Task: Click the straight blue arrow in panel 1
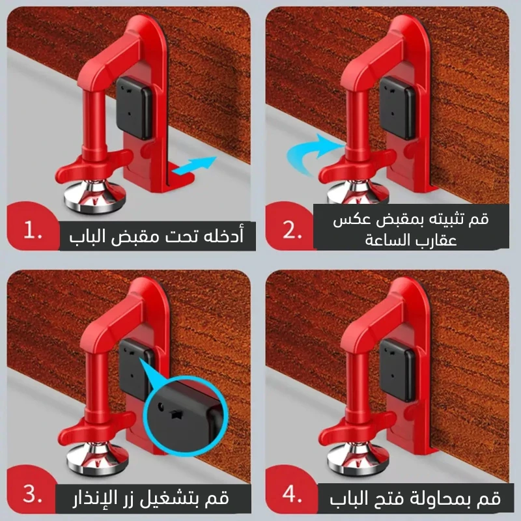pos(195,165)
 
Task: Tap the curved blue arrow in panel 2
pos(313,154)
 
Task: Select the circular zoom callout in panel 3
pos(186,416)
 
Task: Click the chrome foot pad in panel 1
pos(95,197)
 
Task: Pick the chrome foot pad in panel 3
pos(97,460)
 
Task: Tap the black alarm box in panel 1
pos(134,108)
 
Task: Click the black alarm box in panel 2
pos(397,108)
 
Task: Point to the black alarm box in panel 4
pos(397,370)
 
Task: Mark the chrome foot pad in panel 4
pos(358,460)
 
